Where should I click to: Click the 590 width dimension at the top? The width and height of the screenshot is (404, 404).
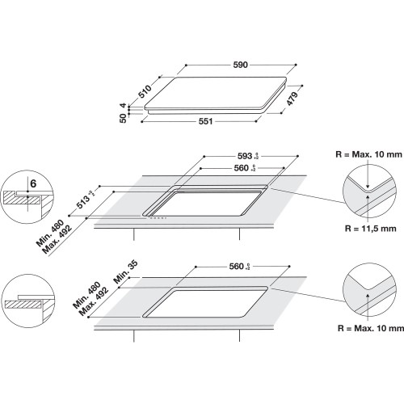point(239,63)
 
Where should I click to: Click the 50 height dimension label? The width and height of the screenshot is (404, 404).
point(124,119)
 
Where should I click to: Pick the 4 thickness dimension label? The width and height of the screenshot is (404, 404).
point(124,105)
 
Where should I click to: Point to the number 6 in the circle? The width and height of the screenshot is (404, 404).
point(32,183)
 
